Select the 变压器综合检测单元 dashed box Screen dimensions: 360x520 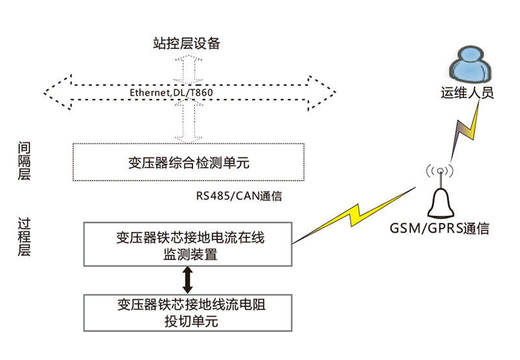tap(188, 162)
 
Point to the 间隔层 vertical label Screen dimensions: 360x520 tap(24, 162)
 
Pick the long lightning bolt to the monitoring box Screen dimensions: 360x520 tap(354, 214)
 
